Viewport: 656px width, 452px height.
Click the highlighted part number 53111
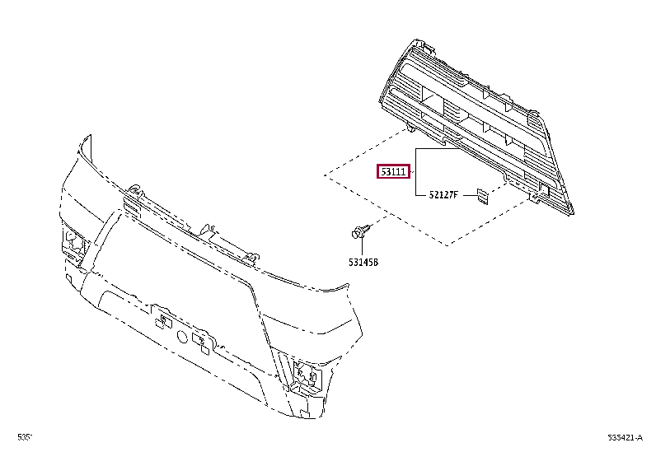click(x=393, y=172)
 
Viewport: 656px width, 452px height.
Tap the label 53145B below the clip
click(x=363, y=263)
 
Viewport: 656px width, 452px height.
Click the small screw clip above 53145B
click(x=359, y=232)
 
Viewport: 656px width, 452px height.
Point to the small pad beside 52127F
click(x=481, y=194)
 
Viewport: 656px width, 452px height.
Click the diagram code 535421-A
click(x=625, y=437)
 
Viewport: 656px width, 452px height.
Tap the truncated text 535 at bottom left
click(x=25, y=437)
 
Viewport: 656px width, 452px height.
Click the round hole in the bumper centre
click(x=183, y=335)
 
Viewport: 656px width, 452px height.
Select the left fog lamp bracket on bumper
click(x=73, y=245)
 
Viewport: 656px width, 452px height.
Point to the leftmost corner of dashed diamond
click(x=324, y=175)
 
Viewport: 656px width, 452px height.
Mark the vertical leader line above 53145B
click(x=363, y=248)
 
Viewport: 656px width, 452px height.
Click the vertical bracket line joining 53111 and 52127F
click(x=416, y=173)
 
